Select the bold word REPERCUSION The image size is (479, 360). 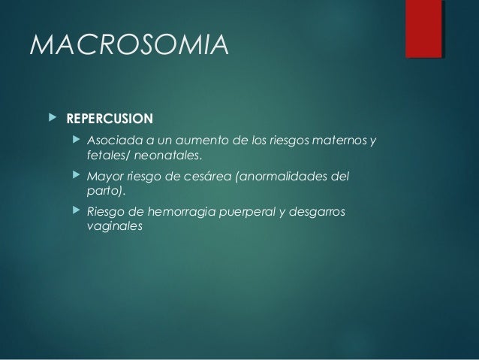[110, 119]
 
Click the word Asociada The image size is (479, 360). [111, 141]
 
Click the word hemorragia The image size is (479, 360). [180, 212]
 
